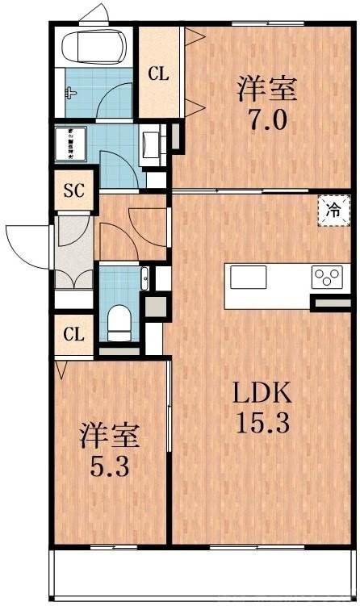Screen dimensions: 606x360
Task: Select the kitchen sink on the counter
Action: point(248,277)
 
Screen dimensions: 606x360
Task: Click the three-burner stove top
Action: point(328,277)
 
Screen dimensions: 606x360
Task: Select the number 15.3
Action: point(261,422)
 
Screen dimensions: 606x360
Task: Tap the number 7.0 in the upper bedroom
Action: point(266,120)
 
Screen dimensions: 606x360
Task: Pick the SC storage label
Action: point(74,192)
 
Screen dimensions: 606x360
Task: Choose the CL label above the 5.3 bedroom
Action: point(74,333)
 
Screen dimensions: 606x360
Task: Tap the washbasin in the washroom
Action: point(151,145)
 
